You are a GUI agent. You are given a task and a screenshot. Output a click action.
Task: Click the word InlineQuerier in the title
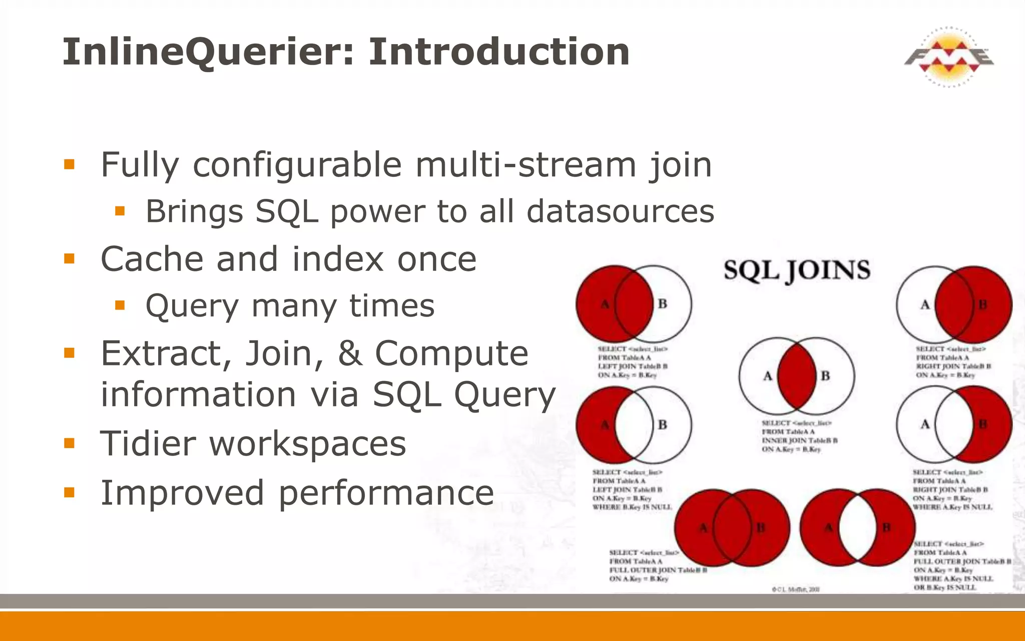pos(208,52)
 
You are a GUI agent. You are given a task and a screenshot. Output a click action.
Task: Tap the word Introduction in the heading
pos(499,52)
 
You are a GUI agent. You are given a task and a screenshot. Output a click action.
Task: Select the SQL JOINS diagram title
pos(797,271)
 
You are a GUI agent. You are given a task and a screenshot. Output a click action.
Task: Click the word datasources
pos(620,211)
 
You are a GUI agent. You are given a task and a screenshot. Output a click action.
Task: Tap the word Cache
pos(151,259)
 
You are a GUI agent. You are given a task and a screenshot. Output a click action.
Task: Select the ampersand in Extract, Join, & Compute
pos(350,353)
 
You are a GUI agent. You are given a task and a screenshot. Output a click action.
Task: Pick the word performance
pos(386,493)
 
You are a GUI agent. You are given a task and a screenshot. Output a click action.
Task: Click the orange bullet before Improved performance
pos(69,492)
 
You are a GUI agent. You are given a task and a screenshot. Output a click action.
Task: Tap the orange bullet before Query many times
pos(120,305)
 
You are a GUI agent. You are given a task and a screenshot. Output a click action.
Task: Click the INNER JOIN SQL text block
pos(799,436)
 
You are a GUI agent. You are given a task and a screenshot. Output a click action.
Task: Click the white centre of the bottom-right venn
pos(857,528)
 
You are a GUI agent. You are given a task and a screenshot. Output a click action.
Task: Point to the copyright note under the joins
pos(796,589)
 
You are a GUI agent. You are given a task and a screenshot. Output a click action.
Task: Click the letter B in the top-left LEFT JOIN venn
pos(662,304)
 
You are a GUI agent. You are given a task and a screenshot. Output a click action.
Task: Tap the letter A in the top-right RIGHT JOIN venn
pos(925,304)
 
